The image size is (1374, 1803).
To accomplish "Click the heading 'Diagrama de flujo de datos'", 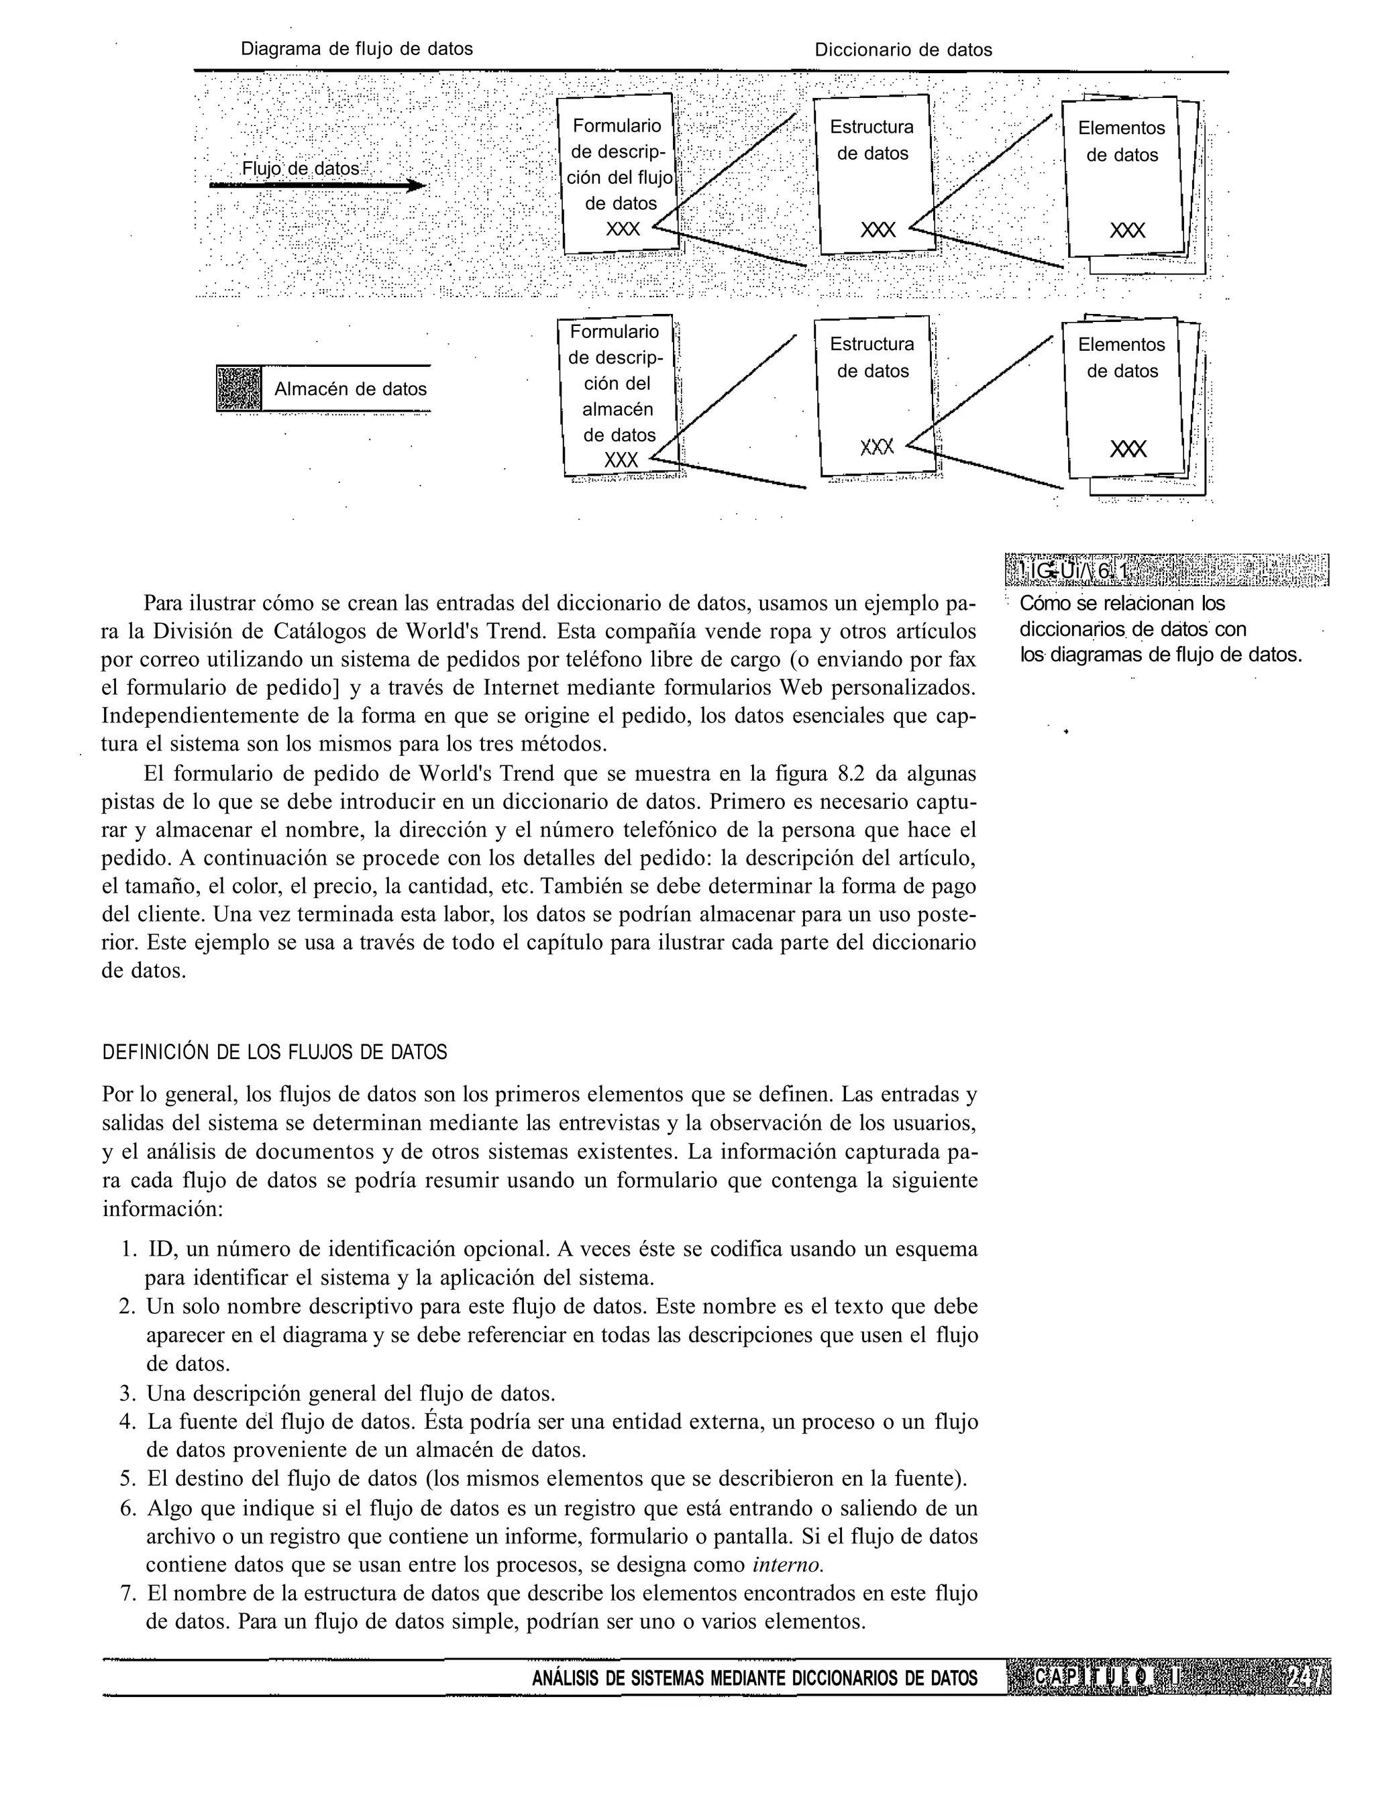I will pyautogui.click(x=357, y=49).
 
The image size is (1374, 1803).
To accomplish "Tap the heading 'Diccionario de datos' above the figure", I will pyautogui.click(x=903, y=50).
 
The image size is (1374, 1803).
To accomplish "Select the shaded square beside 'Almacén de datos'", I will pyautogui.click(x=239, y=388).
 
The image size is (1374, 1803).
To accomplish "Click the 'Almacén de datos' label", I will pyautogui.click(x=350, y=389).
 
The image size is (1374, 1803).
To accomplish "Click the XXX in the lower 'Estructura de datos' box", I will pyautogui.click(x=878, y=447).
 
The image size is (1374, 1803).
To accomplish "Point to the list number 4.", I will pyautogui.click(x=127, y=1422).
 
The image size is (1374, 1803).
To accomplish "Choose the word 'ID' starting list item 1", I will pyautogui.click(x=158, y=1250).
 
